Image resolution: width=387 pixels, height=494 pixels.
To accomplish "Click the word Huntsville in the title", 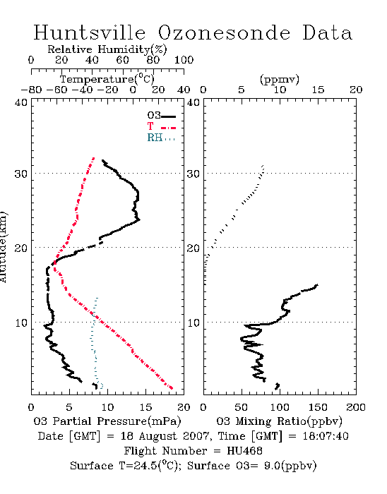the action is (x=90, y=32).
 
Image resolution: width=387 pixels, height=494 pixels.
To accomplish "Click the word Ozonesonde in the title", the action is (x=224, y=32).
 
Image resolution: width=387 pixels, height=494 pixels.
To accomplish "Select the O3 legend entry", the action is (x=161, y=116).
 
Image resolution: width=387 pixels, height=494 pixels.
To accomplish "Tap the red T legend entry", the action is (x=161, y=126).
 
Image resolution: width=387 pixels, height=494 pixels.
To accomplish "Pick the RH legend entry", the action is (x=161, y=138).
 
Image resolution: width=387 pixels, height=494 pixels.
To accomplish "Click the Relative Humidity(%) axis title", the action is (x=107, y=49).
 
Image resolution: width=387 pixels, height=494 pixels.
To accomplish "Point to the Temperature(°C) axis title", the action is (x=107, y=79).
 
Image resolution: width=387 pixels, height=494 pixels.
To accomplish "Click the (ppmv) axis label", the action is (x=280, y=79).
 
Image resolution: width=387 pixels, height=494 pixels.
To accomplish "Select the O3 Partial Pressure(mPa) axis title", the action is (x=107, y=421).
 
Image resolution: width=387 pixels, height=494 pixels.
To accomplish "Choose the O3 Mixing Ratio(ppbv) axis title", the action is (x=280, y=421).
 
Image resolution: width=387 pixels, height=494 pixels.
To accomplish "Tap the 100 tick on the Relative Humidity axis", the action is (x=184, y=60).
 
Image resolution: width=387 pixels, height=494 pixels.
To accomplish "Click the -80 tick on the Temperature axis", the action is (x=31, y=90).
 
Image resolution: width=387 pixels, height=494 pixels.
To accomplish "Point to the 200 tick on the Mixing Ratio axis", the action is (x=356, y=407).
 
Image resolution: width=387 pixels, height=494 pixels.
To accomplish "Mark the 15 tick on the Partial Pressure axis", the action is (x=145, y=407).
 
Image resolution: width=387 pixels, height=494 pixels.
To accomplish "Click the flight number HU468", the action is (x=244, y=451).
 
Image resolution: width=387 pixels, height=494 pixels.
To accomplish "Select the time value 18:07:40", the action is (x=326, y=436).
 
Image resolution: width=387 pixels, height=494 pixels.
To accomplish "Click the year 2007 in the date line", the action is (x=196, y=436).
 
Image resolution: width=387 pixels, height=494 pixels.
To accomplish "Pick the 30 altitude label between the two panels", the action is (x=193, y=174).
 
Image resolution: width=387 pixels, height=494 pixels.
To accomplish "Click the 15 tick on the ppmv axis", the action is (x=318, y=90).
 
